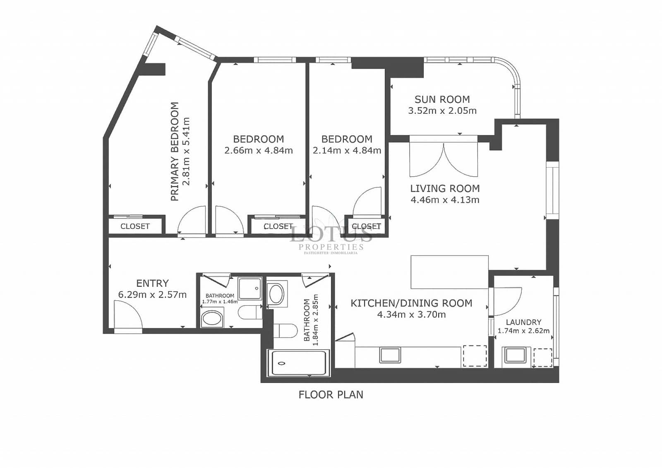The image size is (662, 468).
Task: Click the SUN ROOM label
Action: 442,99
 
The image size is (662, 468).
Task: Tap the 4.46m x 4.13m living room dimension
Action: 445,200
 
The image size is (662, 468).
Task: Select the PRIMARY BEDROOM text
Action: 175,151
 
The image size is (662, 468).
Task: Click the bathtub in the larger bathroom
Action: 299,363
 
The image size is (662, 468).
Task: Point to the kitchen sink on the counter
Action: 390,355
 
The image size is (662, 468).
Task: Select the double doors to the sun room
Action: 444,160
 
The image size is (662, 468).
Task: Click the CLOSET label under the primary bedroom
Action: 135,226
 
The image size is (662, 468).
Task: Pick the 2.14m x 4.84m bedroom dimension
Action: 347,151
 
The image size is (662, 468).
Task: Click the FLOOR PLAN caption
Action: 331,395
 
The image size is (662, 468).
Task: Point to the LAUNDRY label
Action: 523,322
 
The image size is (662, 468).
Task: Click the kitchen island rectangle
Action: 449,272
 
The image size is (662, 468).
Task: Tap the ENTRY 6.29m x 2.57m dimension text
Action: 152,295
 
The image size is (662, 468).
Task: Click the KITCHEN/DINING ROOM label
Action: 411,303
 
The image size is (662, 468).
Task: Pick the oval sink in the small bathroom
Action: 212,319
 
